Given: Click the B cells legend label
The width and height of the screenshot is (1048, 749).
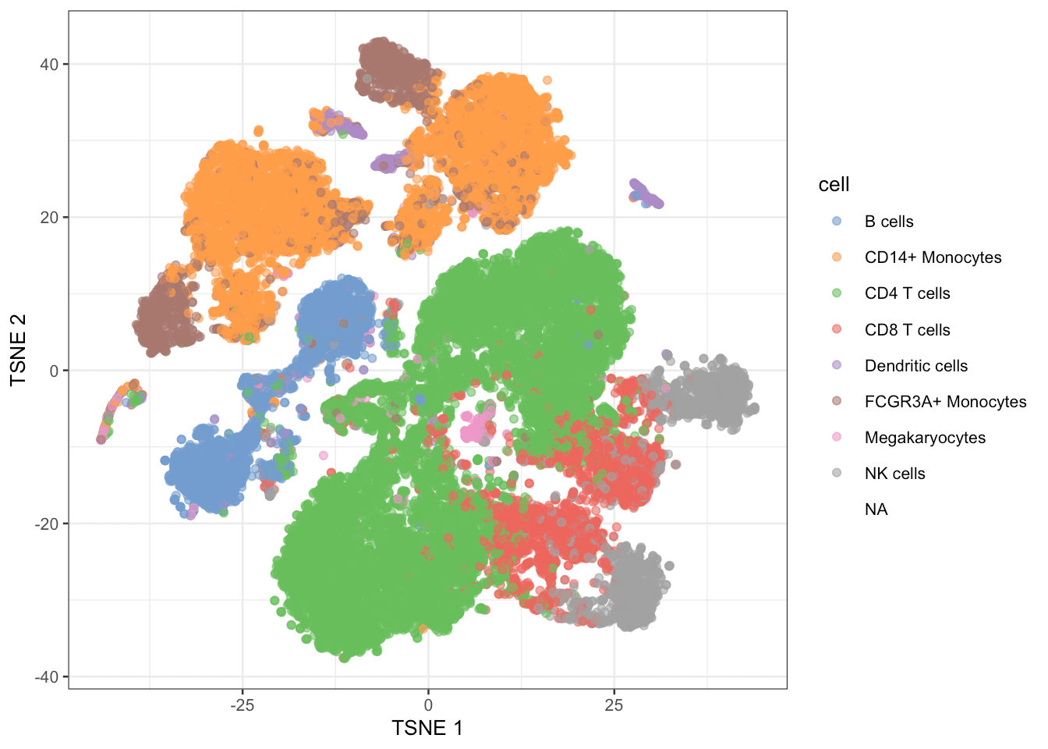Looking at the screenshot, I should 888,222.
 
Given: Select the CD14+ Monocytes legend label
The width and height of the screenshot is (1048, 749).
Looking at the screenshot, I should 933,257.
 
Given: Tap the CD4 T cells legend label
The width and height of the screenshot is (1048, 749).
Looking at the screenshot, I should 907,293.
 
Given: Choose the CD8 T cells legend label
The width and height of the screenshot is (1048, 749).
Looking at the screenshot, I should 907,330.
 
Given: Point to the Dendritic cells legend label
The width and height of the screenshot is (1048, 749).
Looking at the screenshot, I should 915,366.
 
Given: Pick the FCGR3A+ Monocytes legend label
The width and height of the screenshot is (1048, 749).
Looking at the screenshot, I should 945,402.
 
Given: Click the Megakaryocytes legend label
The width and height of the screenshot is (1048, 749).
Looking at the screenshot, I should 925,438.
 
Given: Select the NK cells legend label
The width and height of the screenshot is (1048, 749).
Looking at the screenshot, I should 894,474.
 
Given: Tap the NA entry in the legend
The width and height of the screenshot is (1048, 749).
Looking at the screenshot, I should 876,509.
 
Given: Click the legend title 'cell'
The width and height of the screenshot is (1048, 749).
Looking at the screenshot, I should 834,185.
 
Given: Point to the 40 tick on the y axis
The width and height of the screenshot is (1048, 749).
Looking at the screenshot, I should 49,64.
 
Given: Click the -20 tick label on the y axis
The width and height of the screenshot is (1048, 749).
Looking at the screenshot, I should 47,524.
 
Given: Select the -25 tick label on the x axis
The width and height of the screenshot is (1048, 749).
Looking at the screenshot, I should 242,705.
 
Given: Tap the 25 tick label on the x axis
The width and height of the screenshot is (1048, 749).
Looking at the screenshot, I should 614,705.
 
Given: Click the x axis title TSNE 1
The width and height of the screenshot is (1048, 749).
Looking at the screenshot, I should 427,729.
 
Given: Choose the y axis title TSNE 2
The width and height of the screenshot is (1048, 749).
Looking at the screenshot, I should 19,350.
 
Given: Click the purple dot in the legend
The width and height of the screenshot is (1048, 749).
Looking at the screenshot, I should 837,365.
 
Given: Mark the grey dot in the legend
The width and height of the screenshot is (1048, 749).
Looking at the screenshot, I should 837,473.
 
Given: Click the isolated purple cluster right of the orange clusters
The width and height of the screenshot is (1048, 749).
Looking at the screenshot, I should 646,193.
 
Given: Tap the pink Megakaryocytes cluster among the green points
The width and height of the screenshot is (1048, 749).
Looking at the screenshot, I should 476,427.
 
